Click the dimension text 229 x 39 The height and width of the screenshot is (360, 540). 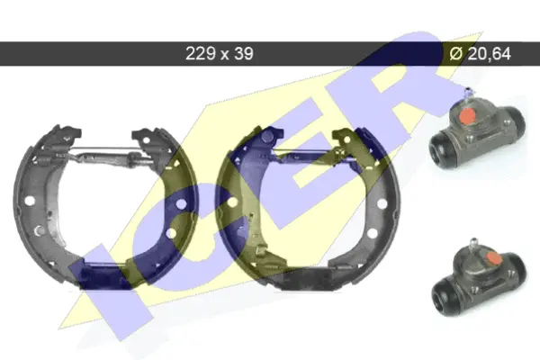pyautogui.click(x=219, y=53)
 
